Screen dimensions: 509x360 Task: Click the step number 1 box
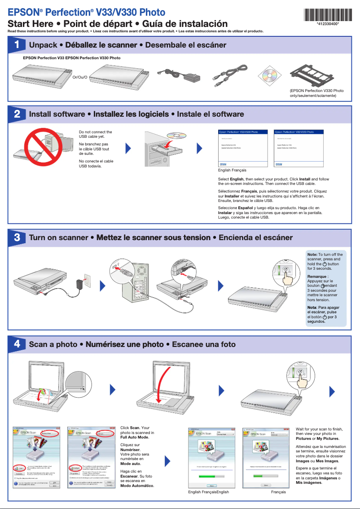(x=17, y=45)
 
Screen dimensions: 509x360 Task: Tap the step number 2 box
(x=17, y=114)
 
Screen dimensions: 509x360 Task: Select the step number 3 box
(x=17, y=237)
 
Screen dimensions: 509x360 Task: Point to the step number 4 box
(x=17, y=344)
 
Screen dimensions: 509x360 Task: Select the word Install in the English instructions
(x=305, y=179)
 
